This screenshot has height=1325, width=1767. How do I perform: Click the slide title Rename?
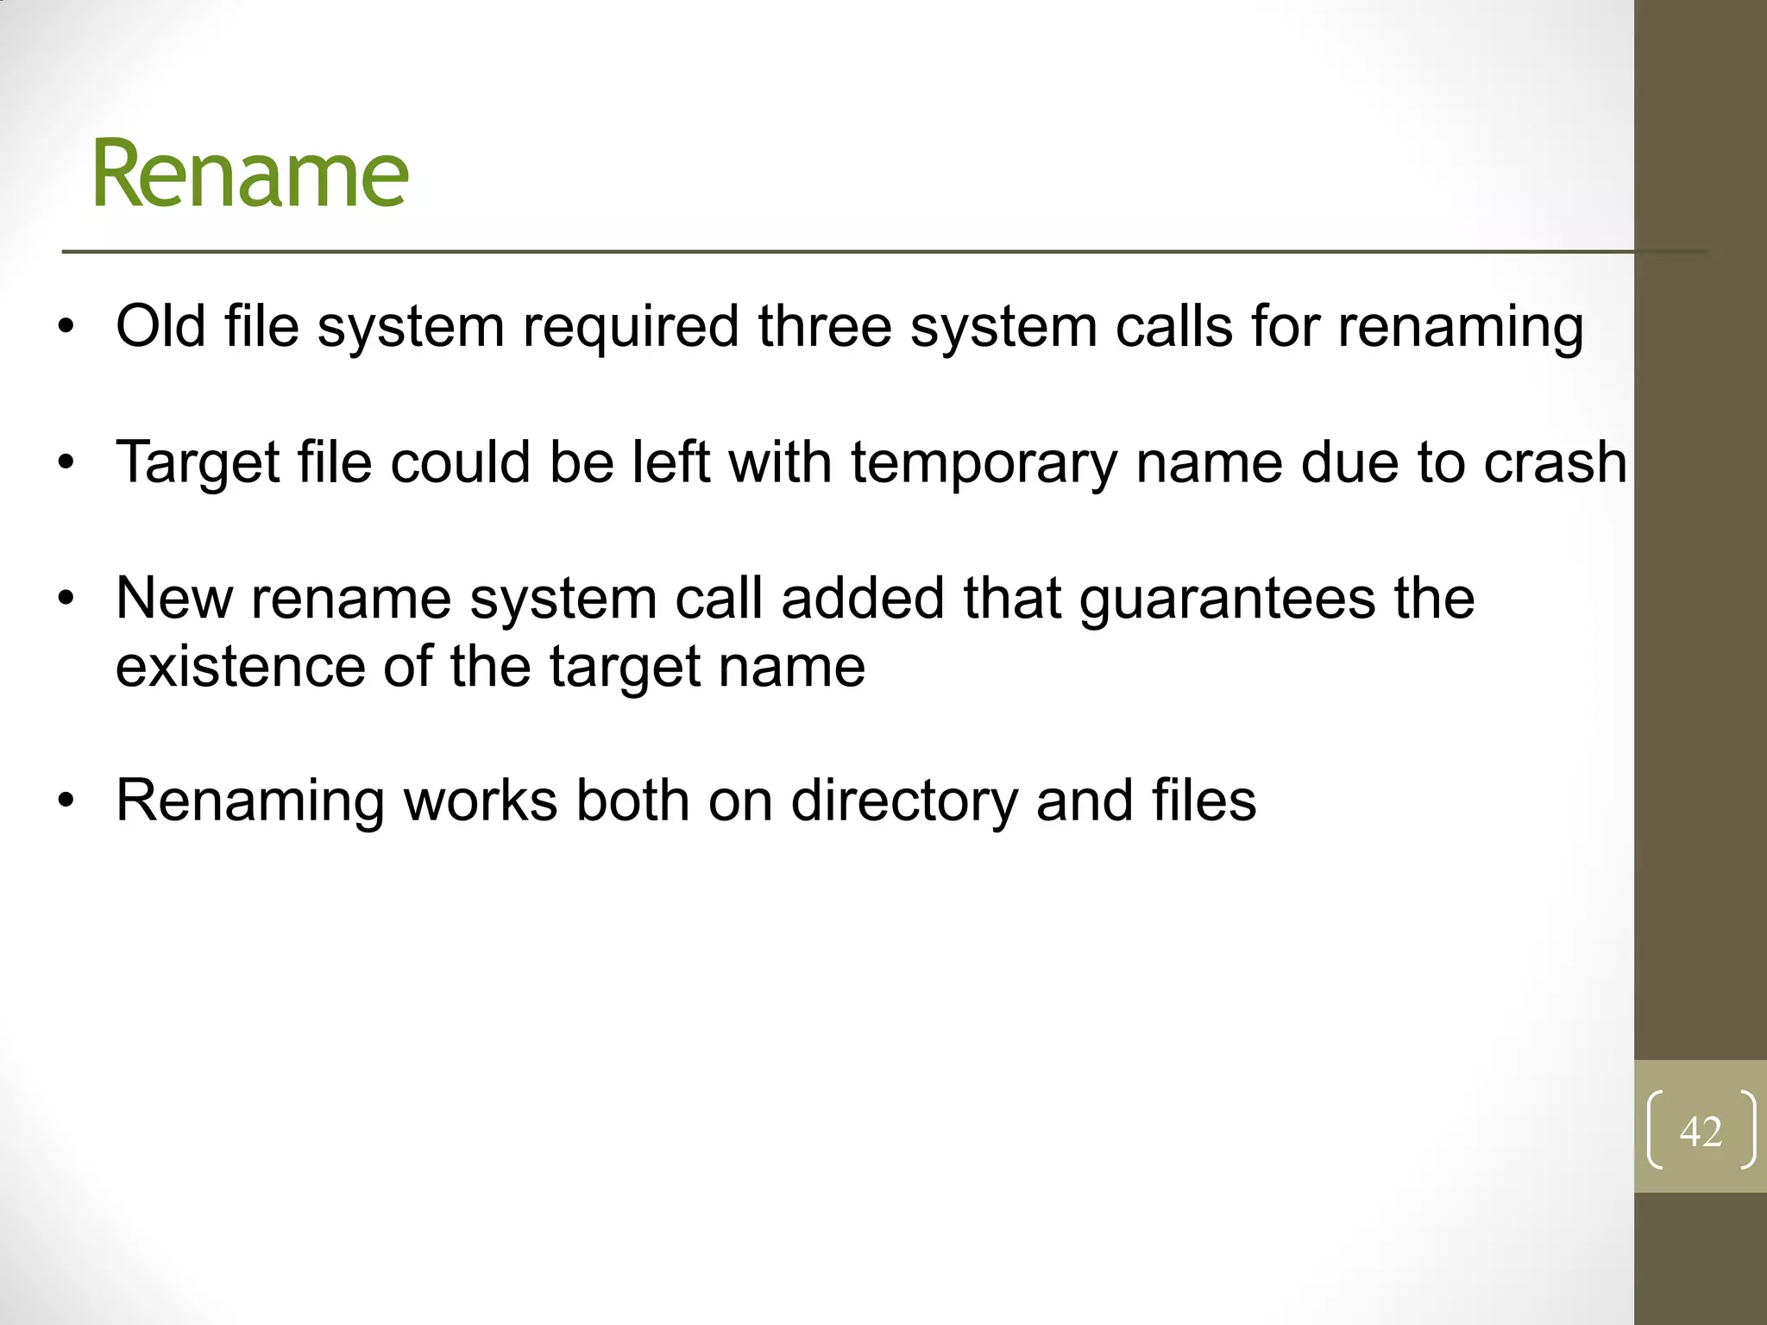[250, 174]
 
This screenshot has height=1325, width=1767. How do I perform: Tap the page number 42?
[1701, 1131]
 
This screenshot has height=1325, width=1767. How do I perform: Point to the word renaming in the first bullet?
[1460, 328]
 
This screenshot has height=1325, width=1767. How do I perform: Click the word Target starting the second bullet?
[198, 463]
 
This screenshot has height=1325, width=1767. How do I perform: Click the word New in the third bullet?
[174, 598]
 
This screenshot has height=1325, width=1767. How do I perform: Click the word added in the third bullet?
[862, 598]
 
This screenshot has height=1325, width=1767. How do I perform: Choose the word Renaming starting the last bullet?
[250, 801]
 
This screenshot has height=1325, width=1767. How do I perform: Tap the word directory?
[904, 801]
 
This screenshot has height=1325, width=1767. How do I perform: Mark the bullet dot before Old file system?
[66, 328]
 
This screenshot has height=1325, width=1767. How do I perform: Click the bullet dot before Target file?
[66, 464]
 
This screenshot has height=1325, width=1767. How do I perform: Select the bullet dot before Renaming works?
[66, 802]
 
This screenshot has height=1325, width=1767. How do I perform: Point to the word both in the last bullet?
[632, 801]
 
